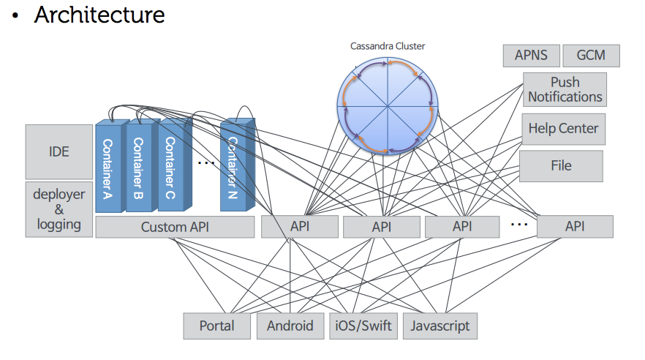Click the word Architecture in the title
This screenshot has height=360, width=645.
[99, 15]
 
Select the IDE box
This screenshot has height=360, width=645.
[59, 151]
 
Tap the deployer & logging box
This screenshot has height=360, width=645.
[59, 209]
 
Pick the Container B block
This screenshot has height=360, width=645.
[139, 168]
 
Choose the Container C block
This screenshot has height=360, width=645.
[170, 168]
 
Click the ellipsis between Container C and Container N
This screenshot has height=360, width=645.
[205, 162]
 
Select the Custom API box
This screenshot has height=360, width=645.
[175, 227]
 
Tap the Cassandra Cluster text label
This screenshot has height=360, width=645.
[388, 46]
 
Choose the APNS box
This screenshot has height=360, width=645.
[532, 56]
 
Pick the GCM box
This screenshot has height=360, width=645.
[592, 56]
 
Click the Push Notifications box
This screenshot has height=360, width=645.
[565, 89]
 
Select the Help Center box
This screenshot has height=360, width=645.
[563, 129]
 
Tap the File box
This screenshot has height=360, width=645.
[561, 166]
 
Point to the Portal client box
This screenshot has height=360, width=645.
[216, 326]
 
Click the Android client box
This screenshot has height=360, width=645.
[290, 326]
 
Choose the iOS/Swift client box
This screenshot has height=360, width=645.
[363, 326]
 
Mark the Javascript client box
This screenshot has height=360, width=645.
[440, 326]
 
